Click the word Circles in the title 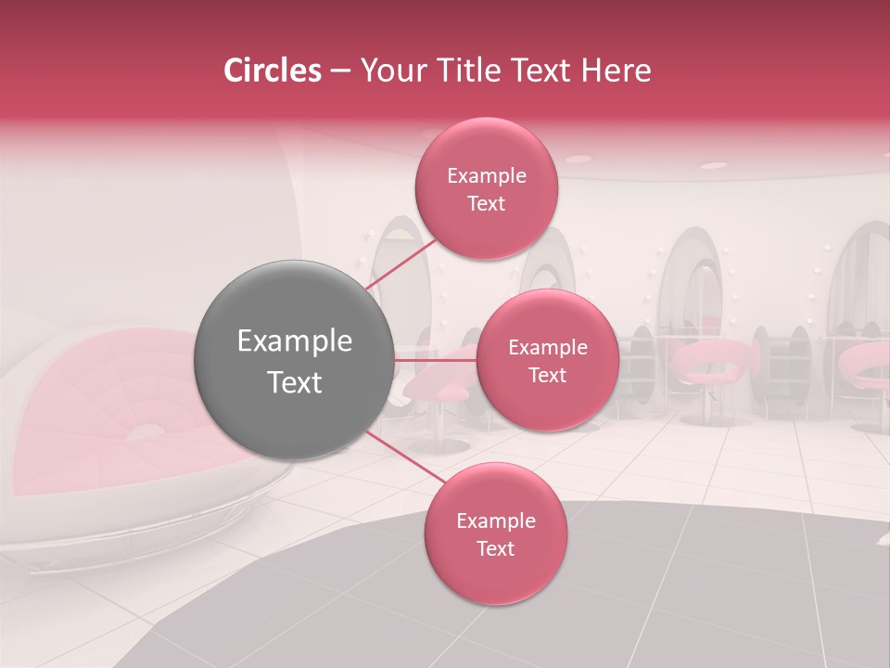point(272,71)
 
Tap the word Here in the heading point(617,71)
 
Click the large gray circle point(294,360)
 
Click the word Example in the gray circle point(294,341)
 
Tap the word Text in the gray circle point(294,381)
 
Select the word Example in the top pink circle point(486,176)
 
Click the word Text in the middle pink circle point(547,376)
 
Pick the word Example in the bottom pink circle point(495,521)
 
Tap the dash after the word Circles point(340,71)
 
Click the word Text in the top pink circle point(486,204)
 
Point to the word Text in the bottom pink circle point(495,549)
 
